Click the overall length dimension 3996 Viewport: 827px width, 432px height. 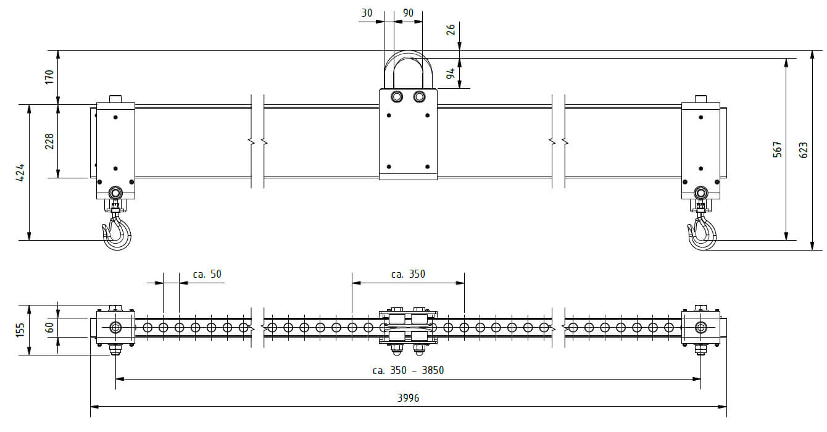pos(408,397)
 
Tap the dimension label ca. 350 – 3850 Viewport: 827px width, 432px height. pos(408,370)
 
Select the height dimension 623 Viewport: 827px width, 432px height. pos(804,151)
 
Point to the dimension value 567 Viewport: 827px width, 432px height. pos(778,149)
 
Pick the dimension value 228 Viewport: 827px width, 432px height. pos(49,141)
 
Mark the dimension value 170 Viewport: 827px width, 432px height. pos(49,77)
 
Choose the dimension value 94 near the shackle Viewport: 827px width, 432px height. pos(451,73)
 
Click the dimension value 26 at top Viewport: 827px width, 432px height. pos(451,30)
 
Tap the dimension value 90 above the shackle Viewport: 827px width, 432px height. pos(408,13)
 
